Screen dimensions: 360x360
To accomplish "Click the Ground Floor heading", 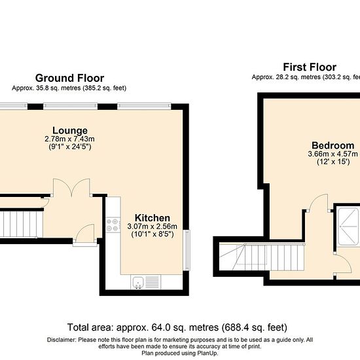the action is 69,78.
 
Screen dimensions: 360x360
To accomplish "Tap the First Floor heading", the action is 310,67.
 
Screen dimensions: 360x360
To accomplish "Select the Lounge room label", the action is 70,130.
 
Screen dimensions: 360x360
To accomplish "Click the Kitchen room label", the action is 153,218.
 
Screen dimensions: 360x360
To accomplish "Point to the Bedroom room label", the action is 333,145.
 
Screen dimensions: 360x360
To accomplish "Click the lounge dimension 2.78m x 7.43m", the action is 69,139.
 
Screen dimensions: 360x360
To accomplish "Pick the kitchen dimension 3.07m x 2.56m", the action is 153,226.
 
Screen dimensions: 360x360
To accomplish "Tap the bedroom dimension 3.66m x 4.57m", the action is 333,154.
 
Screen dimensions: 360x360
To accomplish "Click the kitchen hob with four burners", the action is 113,225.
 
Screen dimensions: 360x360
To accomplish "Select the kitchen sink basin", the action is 138,282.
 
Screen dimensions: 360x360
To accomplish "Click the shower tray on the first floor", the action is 348,226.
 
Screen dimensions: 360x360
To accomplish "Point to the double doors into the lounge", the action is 71,188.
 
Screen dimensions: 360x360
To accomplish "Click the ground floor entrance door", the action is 85,232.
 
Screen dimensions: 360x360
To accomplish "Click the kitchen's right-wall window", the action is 187,250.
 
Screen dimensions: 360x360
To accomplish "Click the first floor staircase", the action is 262,258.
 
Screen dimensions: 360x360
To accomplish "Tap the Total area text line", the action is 177,327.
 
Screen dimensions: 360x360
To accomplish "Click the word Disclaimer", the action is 62,340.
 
